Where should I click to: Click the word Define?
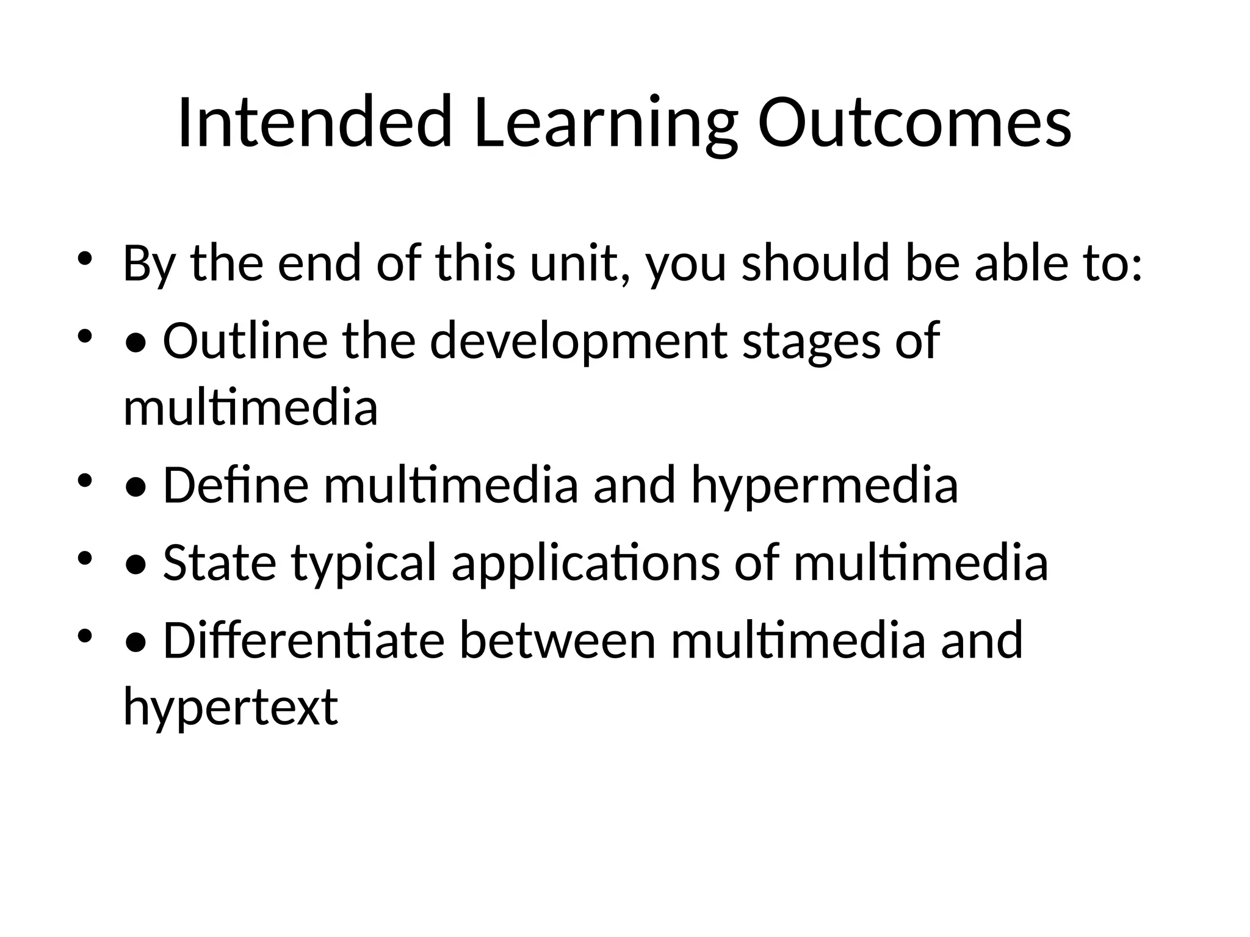click(x=236, y=485)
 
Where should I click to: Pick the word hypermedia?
click(x=824, y=485)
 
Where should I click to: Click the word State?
click(x=219, y=562)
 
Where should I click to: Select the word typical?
click(x=364, y=562)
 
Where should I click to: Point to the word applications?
click(x=585, y=562)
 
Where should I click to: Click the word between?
click(x=557, y=640)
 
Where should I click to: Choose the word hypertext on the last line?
click(x=230, y=707)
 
